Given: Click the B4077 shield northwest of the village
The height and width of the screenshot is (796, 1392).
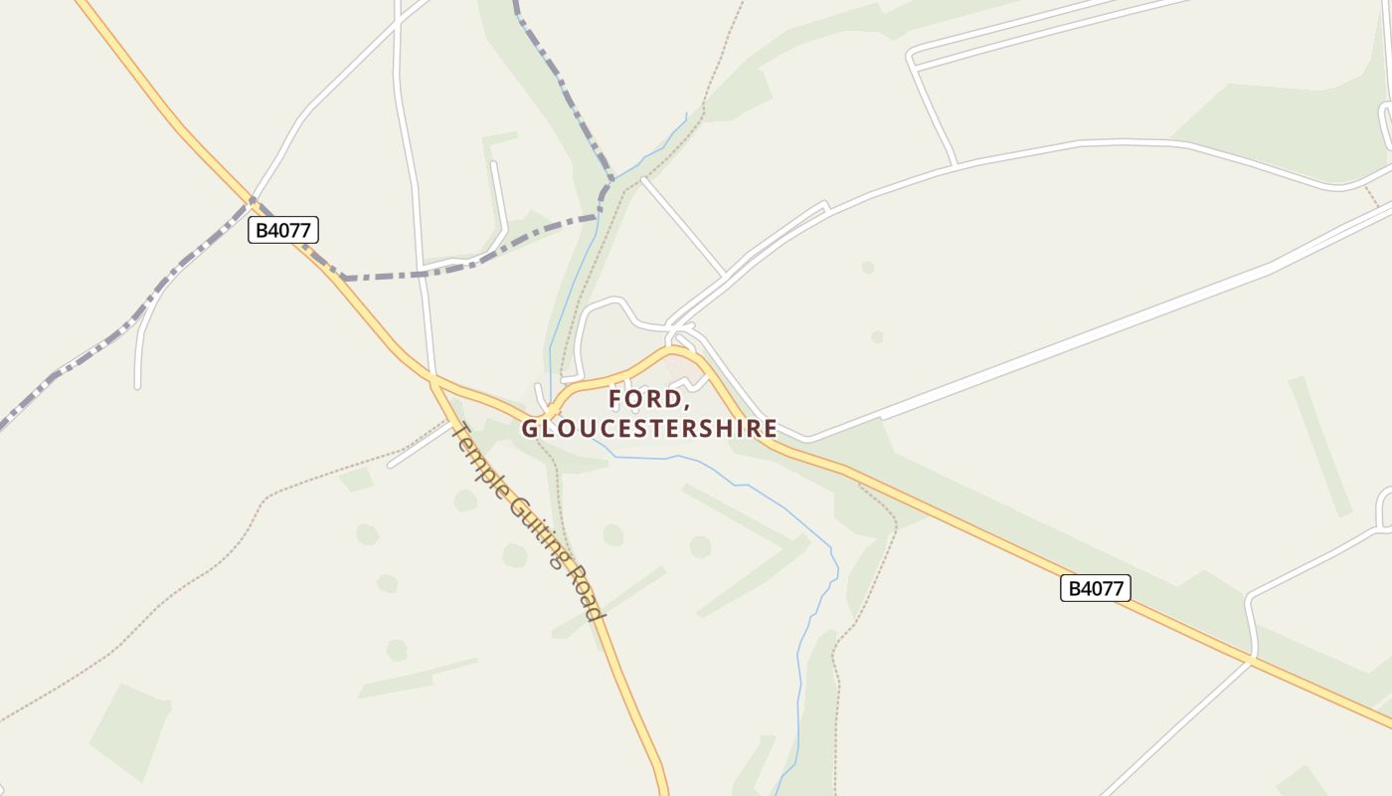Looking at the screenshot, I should coord(282,230).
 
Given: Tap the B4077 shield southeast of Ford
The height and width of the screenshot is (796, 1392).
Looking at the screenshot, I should coord(1095,588).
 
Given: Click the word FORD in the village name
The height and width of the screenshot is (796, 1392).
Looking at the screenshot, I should coord(648,399).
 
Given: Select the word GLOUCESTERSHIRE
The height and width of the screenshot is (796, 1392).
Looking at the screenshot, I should coord(649,429).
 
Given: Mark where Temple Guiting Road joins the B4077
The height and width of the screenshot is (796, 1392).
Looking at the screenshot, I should coord(434,379).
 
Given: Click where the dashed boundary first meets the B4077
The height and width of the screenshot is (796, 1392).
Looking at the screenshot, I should coord(251,204).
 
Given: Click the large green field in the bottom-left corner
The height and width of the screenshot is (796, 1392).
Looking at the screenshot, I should coord(129,731).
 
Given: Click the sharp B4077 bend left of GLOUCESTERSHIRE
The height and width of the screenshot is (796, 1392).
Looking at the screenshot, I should coord(547,414).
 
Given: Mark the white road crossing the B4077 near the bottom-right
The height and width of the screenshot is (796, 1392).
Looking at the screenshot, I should coord(1252,659).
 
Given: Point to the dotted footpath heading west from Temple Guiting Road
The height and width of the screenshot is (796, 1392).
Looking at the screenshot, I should coord(298,488).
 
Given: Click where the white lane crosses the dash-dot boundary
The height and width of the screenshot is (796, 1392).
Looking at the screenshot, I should coord(424,272).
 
